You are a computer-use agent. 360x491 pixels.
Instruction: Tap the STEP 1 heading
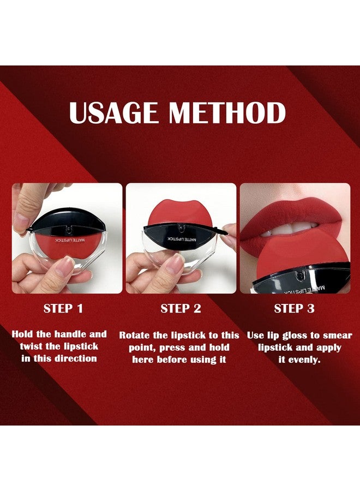coord(63,308)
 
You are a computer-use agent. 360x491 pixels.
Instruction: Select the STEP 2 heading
coord(181,308)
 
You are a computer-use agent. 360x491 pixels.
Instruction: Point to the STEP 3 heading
coord(294,308)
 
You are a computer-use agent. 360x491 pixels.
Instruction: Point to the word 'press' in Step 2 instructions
coord(175,347)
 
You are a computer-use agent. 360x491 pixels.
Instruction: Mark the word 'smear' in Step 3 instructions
coord(337,335)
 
